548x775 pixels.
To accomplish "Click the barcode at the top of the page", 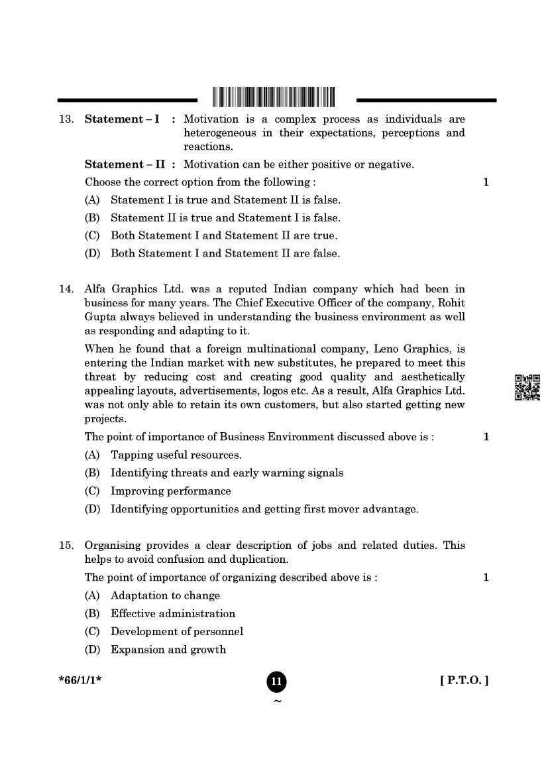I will coord(274,97).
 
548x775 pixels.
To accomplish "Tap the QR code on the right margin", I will coord(527,387).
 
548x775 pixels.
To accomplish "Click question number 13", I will coord(66,119).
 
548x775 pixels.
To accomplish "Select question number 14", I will coord(66,289).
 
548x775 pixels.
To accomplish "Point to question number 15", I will coord(66,546).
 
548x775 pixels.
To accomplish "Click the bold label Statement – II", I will coord(125,164).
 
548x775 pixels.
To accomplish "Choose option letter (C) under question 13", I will coord(92,236).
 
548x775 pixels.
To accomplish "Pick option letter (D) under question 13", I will coord(92,254).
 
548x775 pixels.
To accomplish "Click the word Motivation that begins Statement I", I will coord(210,119).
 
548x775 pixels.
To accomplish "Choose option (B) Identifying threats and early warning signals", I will coord(227,473).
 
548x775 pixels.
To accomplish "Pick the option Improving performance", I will coord(170,491).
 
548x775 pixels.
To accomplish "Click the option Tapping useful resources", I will coord(176,455).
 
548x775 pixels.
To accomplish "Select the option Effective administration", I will coord(173,614).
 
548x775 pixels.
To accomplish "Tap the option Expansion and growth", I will coord(168,650).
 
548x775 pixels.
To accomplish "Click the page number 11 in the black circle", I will coord(277,682).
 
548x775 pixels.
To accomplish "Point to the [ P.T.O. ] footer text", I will coord(464,680).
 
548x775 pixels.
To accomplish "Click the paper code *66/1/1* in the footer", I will coord(80,680).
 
